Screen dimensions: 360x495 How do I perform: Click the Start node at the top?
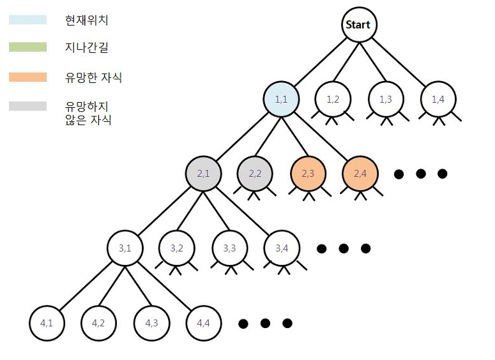coord(358,26)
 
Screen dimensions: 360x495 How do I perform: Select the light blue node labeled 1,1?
coord(281,100)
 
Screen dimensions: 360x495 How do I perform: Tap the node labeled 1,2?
coord(333,100)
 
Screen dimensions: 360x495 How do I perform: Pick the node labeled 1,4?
coord(438,100)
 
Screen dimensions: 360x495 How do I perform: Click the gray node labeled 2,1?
coord(203,173)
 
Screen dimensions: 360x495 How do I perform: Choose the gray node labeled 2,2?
coord(255,173)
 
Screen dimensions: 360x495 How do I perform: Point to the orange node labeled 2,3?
coord(308,173)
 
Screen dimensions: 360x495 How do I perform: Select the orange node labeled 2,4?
coord(361,173)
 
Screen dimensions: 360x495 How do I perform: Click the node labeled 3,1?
coord(125,248)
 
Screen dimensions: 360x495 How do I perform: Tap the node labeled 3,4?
coord(282,248)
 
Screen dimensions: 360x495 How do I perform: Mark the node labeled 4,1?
coord(46,323)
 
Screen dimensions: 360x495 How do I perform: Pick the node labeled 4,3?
coord(151,323)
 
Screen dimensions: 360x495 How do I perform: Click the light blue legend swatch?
coord(27,19)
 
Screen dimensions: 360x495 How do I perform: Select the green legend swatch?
coord(27,47)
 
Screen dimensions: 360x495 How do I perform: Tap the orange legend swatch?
coord(27,77)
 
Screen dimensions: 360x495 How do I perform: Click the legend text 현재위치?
coord(87,20)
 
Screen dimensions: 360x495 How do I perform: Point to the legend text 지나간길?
coord(87,48)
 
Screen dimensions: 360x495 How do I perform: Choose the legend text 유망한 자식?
coord(93,78)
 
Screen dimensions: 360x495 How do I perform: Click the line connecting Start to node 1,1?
coord(320,63)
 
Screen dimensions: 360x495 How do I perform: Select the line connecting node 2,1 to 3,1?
coord(164,211)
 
